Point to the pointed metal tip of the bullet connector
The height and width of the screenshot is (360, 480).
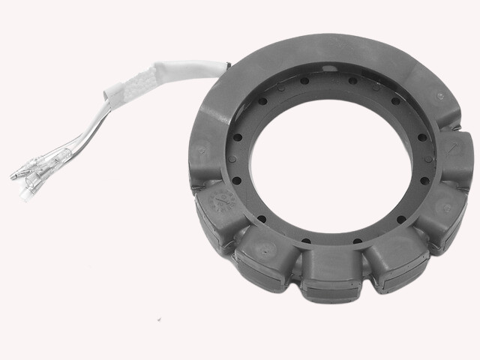pos(12,177)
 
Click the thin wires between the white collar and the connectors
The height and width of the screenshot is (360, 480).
pos(75,146)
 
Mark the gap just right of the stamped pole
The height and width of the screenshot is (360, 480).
pos(238,238)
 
